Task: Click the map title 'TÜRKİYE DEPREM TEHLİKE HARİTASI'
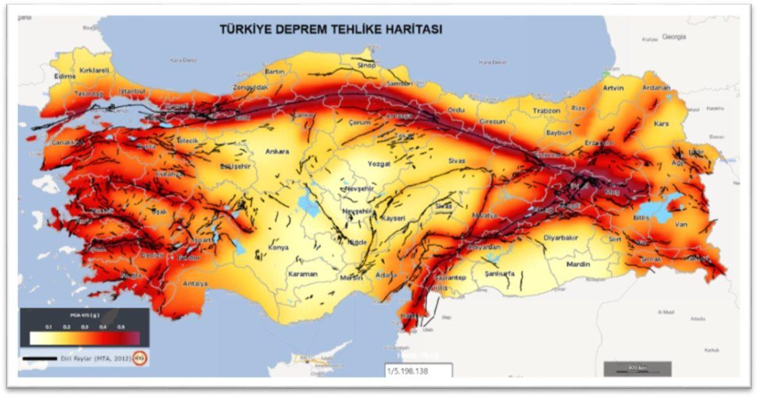coord(330,29)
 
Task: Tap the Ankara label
coord(277,152)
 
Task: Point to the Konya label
coord(279,248)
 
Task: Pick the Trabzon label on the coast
coord(546,111)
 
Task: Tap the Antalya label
coord(195,284)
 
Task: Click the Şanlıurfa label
coord(499,274)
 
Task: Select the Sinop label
coord(366,65)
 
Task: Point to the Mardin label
coord(578,264)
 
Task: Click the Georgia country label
coord(674,37)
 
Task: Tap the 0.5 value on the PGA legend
coord(120,327)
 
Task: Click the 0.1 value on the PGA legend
coord(48,327)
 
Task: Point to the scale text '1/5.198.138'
coord(407,371)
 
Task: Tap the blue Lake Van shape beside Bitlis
coord(657,212)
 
